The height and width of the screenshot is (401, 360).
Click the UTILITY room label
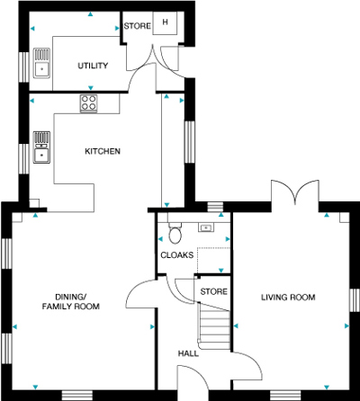pyautogui.click(x=93, y=66)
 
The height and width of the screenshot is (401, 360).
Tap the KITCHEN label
pyautogui.click(x=103, y=151)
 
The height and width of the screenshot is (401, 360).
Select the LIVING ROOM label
pyautogui.click(x=288, y=298)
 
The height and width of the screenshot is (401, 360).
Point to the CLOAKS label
pyautogui.click(x=177, y=255)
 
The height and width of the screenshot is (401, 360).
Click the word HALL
pyautogui.click(x=188, y=353)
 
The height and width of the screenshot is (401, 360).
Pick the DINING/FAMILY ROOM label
pyautogui.click(x=71, y=301)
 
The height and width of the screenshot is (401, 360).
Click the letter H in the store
pyautogui.click(x=165, y=22)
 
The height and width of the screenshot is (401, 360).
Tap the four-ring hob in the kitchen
pyautogui.click(x=89, y=103)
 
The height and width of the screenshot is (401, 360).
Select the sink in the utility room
pyautogui.click(x=41, y=63)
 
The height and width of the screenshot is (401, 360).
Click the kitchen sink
pyautogui.click(x=41, y=147)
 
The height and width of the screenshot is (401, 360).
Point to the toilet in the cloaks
pyautogui.click(x=175, y=233)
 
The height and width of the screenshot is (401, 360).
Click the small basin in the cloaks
pyautogui.click(x=206, y=227)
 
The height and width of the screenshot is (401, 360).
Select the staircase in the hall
pyautogui.click(x=214, y=325)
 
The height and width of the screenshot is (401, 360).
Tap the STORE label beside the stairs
pyautogui.click(x=213, y=291)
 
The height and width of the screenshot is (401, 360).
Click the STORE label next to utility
pyautogui.click(x=138, y=26)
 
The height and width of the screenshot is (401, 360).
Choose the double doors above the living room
pyautogui.click(x=295, y=192)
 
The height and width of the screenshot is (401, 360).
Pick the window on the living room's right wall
pyautogui.click(x=355, y=300)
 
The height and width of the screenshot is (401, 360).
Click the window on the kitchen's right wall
pyautogui.click(x=189, y=142)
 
